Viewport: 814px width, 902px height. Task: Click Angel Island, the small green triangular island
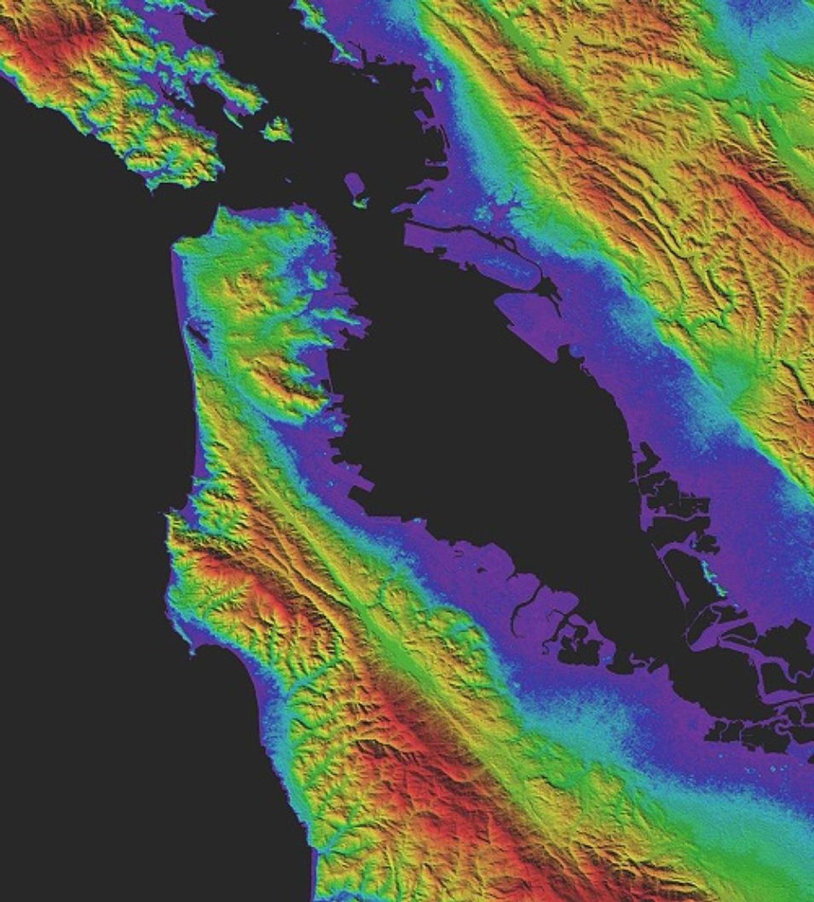point(278,130)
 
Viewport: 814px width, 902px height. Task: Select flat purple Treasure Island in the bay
point(354,184)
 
